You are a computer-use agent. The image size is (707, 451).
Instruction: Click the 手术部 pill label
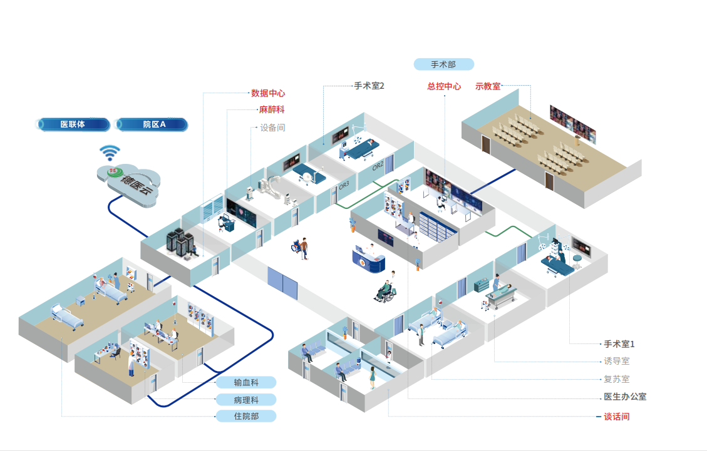point(443,64)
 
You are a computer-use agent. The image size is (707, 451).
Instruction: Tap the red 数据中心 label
point(268,93)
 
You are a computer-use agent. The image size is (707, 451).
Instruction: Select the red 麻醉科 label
point(272,110)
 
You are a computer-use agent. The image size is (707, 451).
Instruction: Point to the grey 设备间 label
point(272,128)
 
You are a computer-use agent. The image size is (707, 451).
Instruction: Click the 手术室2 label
point(369,86)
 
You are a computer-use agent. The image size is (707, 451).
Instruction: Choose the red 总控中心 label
point(444,86)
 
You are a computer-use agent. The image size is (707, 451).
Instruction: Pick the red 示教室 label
point(488,86)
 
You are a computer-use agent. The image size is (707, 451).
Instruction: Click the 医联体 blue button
point(73,124)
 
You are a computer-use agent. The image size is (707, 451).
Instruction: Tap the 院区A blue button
point(152,124)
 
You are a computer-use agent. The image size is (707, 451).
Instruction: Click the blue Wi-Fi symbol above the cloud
point(111,153)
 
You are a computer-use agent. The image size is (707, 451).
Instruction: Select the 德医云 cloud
point(130,180)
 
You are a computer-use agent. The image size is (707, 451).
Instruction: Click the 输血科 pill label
point(245,383)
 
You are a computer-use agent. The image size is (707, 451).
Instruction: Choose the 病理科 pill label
point(245,400)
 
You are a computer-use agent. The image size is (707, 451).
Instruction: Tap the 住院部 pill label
point(245,416)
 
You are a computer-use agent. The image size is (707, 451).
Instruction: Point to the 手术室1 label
point(619,344)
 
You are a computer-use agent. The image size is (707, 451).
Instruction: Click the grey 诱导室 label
point(616,361)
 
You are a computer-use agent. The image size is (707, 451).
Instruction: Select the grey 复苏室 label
point(616,379)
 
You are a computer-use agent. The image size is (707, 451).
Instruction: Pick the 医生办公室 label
point(624,397)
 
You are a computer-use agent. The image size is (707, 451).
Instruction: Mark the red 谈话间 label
point(616,417)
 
